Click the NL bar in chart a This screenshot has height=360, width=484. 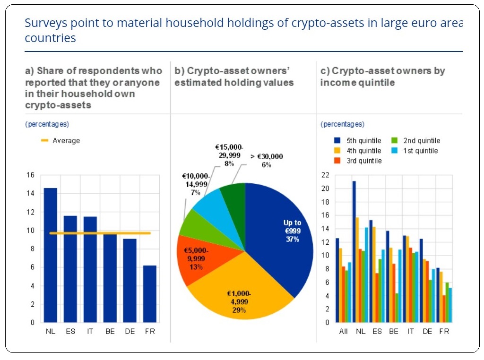pyautogui.click(x=50, y=255)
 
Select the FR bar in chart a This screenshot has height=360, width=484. pyautogui.click(x=150, y=294)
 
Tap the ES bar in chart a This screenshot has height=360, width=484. pyautogui.click(x=70, y=269)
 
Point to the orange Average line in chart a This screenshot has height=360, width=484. pyautogui.click(x=100, y=233)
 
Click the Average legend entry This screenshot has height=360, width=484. pyautogui.click(x=60, y=141)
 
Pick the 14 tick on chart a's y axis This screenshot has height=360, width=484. pyautogui.click(x=30, y=193)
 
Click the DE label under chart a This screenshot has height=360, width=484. pyautogui.click(x=130, y=331)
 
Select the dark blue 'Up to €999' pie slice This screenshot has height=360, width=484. pyautogui.click(x=278, y=234)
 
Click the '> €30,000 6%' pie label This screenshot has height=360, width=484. pyautogui.click(x=267, y=161)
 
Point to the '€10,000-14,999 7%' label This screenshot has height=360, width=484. pyautogui.click(x=196, y=184)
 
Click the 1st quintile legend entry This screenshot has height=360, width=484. pyautogui.click(x=415, y=151)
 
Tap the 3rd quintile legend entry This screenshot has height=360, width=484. pyautogui.click(x=358, y=161)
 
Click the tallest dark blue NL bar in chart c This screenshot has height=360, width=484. pyautogui.click(x=354, y=252)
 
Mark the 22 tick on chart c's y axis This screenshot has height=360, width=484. pyautogui.click(x=325, y=175)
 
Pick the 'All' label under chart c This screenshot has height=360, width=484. pyautogui.click(x=343, y=331)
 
